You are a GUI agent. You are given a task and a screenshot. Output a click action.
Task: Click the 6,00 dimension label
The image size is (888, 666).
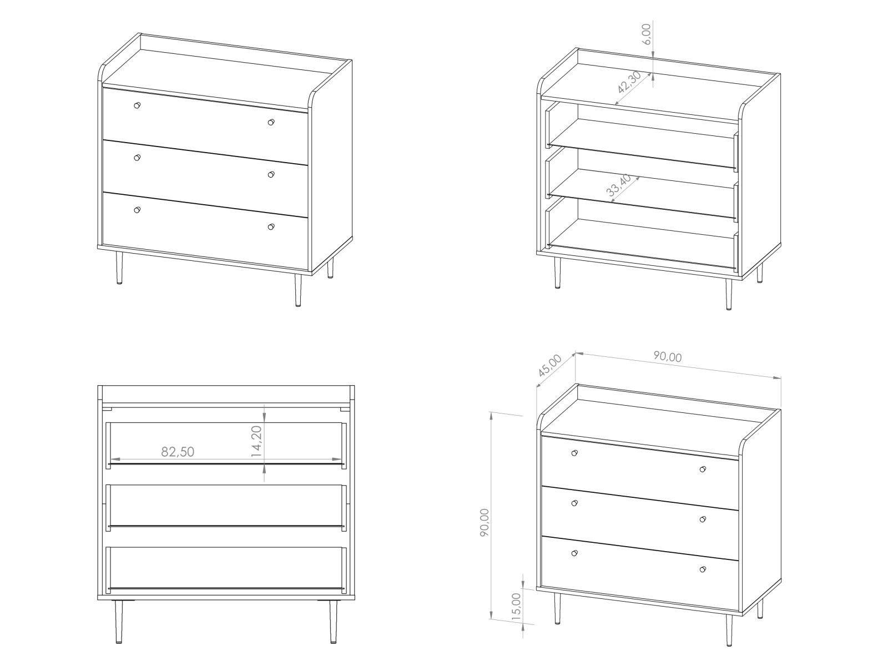(x=647, y=34)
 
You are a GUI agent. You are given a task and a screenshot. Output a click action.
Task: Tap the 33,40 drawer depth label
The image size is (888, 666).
(x=619, y=185)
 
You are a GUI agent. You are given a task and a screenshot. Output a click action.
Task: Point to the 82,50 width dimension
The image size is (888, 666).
(x=178, y=452)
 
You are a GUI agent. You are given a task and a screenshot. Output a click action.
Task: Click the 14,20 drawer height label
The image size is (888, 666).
(x=256, y=442)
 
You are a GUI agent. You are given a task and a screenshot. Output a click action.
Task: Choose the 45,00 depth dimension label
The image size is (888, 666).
(x=550, y=366)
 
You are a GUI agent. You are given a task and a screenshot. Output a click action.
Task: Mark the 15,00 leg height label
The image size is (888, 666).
(x=516, y=606)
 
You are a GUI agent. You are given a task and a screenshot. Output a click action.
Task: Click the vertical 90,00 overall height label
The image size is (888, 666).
(x=485, y=522)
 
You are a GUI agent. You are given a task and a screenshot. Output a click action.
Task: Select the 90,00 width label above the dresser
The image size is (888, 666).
(x=668, y=356)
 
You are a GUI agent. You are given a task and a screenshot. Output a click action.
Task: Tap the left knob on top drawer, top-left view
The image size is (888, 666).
(x=137, y=105)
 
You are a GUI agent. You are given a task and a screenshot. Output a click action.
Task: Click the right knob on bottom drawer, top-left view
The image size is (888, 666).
(x=271, y=227)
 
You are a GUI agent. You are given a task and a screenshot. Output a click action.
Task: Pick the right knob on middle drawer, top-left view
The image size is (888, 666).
(x=271, y=175)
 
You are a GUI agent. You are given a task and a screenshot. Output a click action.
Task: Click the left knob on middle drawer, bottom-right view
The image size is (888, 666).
(x=574, y=503)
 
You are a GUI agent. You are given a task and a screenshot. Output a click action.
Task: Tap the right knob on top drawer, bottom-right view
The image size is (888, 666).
(x=703, y=469)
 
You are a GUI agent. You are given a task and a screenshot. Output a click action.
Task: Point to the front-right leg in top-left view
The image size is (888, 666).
(x=297, y=291)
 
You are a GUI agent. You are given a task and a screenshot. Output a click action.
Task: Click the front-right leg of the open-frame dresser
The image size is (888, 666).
(x=729, y=294)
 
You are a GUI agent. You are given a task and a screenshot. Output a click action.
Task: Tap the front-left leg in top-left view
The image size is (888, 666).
(x=119, y=268)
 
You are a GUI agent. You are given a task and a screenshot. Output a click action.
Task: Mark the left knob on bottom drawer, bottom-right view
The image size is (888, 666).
(x=574, y=553)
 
